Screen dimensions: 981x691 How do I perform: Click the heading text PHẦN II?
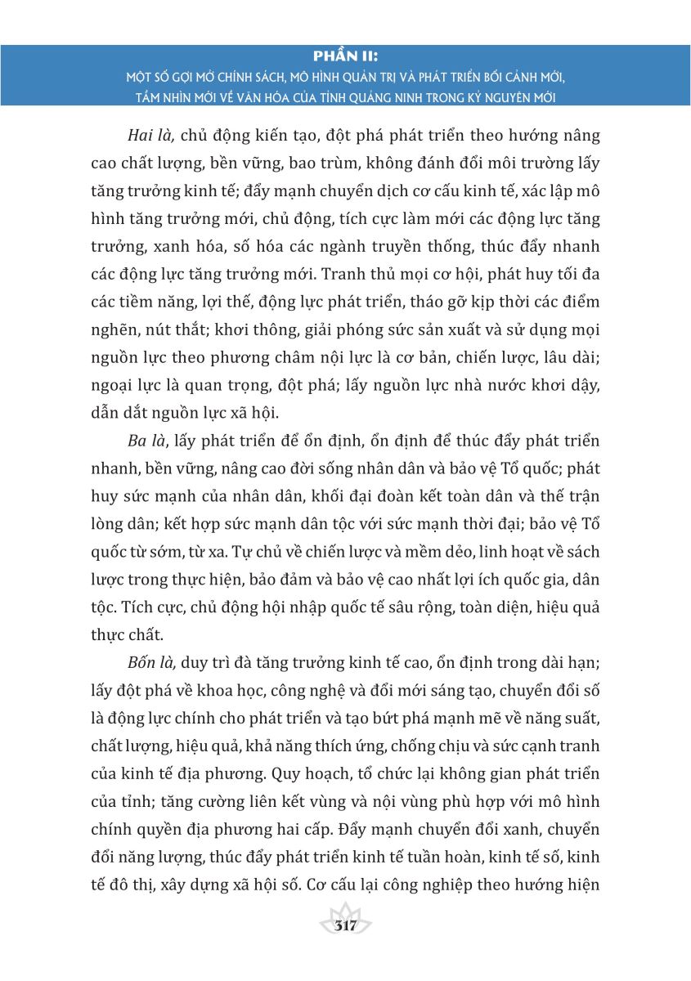point(345,56)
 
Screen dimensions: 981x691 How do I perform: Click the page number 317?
point(345,926)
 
